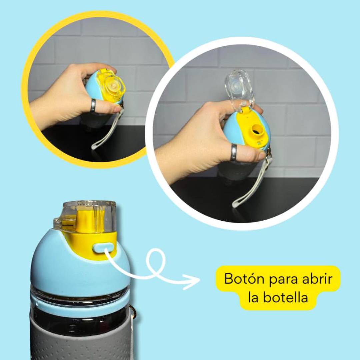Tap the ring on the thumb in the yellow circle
(93, 105)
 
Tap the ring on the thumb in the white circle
(234, 152)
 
